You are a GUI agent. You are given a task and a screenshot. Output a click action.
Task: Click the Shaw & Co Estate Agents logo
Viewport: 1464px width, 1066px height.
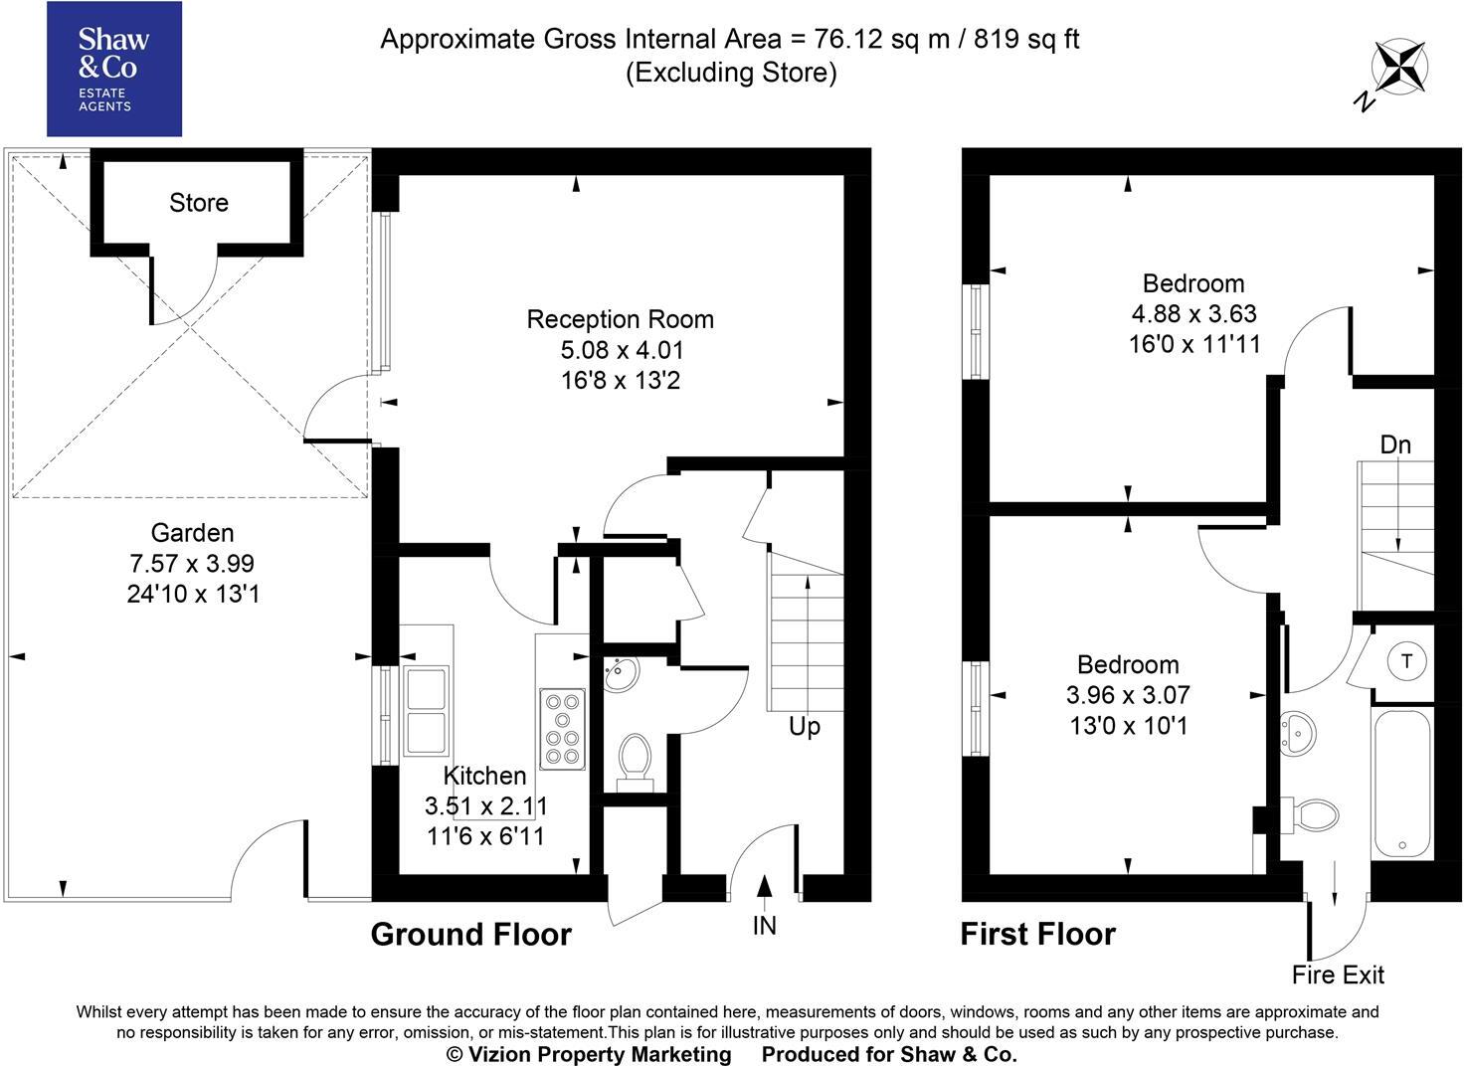tap(114, 69)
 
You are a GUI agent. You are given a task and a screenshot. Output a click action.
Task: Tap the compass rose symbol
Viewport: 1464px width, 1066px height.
tap(1400, 68)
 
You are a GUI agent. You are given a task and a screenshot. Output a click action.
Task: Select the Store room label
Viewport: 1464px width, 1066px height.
tap(199, 203)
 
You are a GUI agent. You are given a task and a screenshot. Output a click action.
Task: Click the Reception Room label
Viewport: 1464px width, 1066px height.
tap(620, 319)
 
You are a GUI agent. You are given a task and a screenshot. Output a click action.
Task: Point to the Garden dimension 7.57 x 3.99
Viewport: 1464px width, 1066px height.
tap(192, 563)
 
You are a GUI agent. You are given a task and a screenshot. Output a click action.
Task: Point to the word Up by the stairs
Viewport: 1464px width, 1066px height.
tap(804, 726)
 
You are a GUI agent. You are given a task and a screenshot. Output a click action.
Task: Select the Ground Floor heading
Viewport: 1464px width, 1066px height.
tap(470, 935)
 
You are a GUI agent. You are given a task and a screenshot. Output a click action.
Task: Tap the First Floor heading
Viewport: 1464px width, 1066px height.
tap(1037, 935)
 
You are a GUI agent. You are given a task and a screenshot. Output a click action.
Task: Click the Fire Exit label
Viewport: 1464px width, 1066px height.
tap(1338, 975)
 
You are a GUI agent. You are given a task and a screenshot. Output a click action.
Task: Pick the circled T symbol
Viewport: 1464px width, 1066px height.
tap(1406, 661)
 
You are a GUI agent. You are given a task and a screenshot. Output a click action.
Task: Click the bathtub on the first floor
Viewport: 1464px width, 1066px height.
tap(1402, 783)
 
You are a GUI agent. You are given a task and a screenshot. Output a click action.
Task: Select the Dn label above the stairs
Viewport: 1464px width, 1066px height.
tap(1395, 444)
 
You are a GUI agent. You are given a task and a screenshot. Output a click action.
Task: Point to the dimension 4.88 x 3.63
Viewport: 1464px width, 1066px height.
tap(1193, 314)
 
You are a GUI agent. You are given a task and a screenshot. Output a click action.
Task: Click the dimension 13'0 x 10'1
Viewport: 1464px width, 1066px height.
tap(1128, 726)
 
